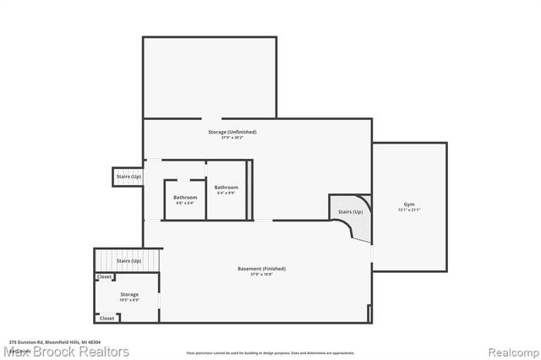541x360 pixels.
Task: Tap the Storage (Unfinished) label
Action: pyautogui.click(x=232, y=132)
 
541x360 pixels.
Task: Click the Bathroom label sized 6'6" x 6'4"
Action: pyautogui.click(x=185, y=198)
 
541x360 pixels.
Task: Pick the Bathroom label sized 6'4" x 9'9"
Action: pyautogui.click(x=226, y=187)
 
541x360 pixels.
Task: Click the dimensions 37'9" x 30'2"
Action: pyautogui.click(x=232, y=138)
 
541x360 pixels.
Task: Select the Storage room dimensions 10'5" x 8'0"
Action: pyautogui.click(x=128, y=300)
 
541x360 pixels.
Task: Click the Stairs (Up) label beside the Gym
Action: pyautogui.click(x=350, y=211)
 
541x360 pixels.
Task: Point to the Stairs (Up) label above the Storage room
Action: pyautogui.click(x=128, y=261)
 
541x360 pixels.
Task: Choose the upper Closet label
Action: pyautogui.click(x=105, y=277)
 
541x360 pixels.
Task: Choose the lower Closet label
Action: pyautogui.click(x=107, y=319)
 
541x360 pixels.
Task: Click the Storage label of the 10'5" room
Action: pyautogui.click(x=128, y=294)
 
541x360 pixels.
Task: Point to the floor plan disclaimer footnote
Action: pyautogui.click(x=270, y=352)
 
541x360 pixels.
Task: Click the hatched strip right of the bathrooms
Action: pyautogui.click(x=250, y=190)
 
